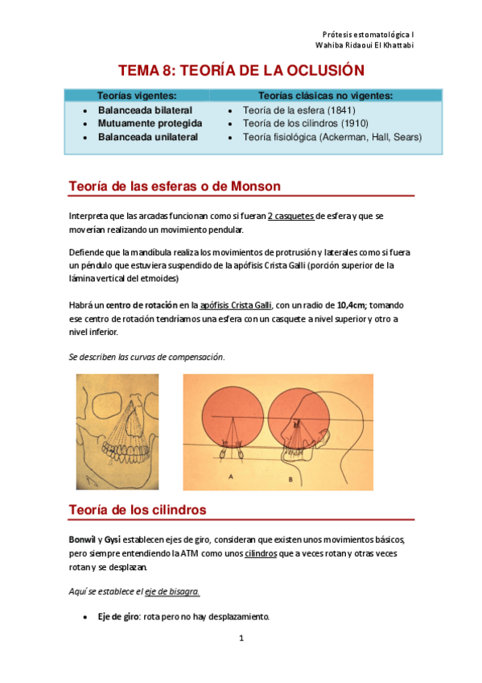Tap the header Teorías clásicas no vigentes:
tap(325, 96)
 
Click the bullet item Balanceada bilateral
tap(145, 110)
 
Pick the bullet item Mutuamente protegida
tap(150, 123)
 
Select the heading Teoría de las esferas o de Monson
tap(174, 186)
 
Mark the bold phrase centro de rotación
tap(144, 305)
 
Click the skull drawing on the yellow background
tap(117, 431)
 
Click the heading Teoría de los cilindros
tap(138, 510)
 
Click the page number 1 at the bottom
tap(241, 638)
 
